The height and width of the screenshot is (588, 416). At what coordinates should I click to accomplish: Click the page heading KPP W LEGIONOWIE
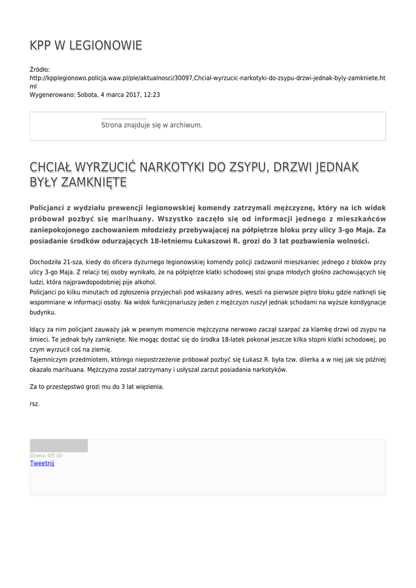(85, 45)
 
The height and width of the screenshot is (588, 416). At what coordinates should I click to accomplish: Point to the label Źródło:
(40, 69)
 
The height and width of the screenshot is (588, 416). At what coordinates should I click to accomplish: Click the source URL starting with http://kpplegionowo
(207, 78)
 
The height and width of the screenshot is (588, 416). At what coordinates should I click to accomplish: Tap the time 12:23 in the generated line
(152, 95)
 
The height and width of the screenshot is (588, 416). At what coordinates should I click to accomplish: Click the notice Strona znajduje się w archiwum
(151, 125)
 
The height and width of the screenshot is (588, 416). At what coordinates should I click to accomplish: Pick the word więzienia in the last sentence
(149, 386)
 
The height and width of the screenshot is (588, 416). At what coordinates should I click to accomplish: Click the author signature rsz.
(34, 404)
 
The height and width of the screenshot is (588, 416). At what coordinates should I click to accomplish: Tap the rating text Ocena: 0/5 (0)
(46, 455)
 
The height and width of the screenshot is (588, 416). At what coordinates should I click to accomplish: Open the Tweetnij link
(42, 463)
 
